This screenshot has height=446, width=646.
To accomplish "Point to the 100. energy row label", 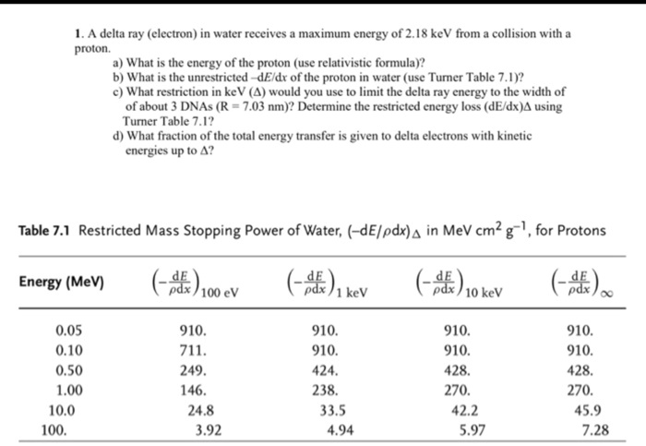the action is point(56,429).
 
